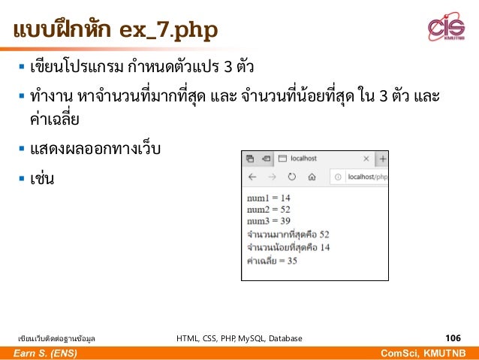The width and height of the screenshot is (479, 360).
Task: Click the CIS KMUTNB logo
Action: (446, 29)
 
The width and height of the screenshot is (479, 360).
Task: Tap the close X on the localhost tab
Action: (366, 159)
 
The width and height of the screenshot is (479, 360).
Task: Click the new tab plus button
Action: (382, 159)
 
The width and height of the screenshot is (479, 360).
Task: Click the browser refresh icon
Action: (292, 177)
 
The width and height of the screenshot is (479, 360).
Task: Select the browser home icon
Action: (312, 177)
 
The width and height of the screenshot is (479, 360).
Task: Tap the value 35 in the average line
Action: (292, 261)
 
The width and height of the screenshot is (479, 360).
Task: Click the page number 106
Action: (453, 338)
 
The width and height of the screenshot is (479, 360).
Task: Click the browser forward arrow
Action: (272, 177)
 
